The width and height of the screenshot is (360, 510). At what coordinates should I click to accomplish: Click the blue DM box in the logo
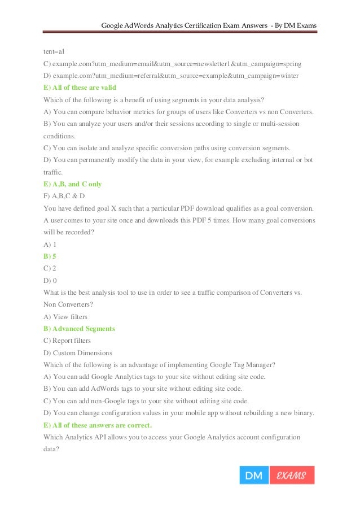pos(254,476)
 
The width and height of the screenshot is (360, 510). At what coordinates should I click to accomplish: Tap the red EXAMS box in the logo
pos(291,476)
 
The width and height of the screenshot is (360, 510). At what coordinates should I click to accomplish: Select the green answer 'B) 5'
pos(50,256)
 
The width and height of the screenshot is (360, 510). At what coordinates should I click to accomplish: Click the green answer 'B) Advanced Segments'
pos(79,329)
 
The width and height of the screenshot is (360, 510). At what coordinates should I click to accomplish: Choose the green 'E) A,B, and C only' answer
pos(72,184)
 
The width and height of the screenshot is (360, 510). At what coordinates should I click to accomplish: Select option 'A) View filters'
pos(65,317)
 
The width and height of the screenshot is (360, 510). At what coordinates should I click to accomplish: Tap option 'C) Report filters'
pos(67,341)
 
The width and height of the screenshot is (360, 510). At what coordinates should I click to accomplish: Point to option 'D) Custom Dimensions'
pos(78,353)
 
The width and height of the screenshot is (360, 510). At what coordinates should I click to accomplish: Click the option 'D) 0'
pos(50,280)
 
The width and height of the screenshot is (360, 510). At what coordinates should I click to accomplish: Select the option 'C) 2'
pos(50,268)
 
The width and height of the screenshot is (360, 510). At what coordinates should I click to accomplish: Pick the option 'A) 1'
pos(50,244)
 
